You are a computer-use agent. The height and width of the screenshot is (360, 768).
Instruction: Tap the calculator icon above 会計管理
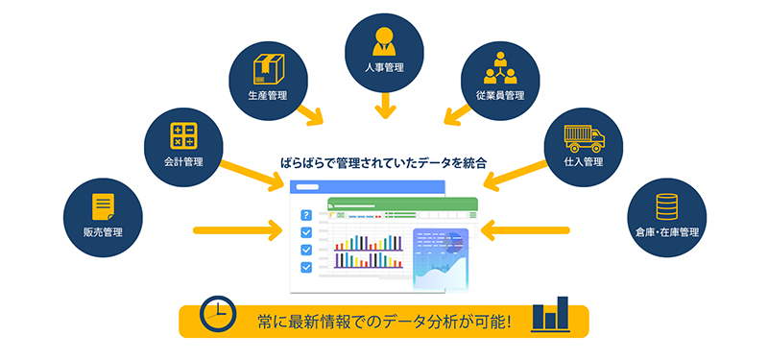click(183, 135)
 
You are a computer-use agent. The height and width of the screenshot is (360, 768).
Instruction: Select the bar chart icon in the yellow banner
click(550, 313)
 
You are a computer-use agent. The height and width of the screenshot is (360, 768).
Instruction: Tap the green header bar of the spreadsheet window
click(402, 204)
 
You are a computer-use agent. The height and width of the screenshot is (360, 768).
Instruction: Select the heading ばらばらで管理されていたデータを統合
click(383, 163)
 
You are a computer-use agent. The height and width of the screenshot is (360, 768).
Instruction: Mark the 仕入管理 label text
click(585, 161)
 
